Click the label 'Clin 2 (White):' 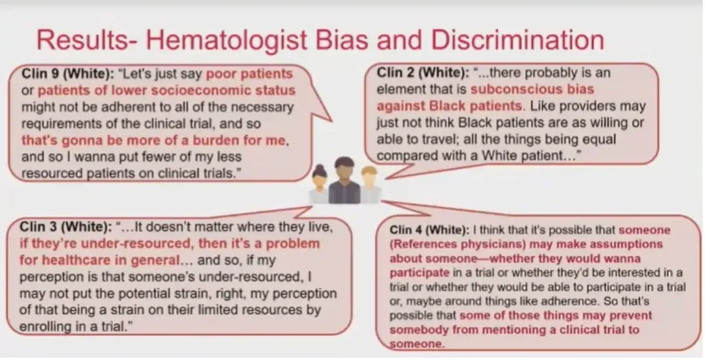[x=423, y=73]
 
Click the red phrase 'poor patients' [x=249, y=74]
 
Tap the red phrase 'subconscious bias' [x=532, y=89]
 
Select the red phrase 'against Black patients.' [x=451, y=106]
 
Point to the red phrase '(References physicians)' [x=457, y=244]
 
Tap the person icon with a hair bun [x=319, y=184]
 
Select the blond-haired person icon [x=370, y=184]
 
